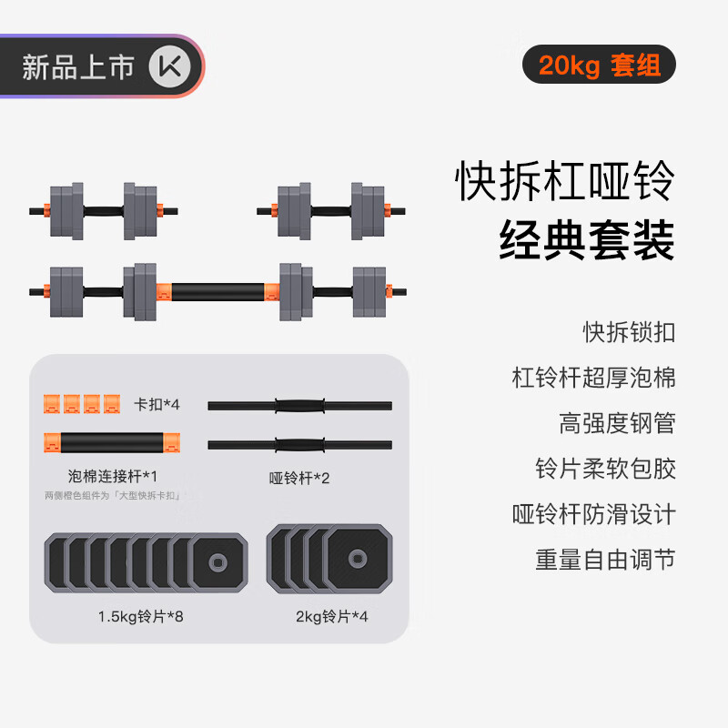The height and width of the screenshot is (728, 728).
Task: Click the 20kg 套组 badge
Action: pyautogui.click(x=599, y=66)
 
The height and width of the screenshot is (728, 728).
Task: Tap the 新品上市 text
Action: pyautogui.click(x=78, y=68)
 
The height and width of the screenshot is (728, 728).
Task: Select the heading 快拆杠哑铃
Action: pyautogui.click(x=565, y=182)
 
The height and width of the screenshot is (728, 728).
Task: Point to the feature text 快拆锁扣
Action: pyautogui.click(x=629, y=332)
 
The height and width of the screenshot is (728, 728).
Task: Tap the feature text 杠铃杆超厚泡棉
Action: pyautogui.click(x=593, y=378)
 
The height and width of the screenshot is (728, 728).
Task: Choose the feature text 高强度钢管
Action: pyautogui.click(x=617, y=423)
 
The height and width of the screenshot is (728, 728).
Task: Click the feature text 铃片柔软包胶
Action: pyautogui.click(x=605, y=469)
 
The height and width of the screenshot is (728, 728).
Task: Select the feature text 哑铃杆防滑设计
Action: pyautogui.click(x=593, y=514)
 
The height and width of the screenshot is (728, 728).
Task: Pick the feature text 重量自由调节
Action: pyautogui.click(x=605, y=560)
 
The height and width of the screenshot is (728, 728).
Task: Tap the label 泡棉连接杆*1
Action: pyautogui.click(x=113, y=475)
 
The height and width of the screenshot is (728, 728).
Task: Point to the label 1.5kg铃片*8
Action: pyautogui.click(x=141, y=617)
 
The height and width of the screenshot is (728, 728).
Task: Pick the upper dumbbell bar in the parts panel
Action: pyautogui.click(x=300, y=406)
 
